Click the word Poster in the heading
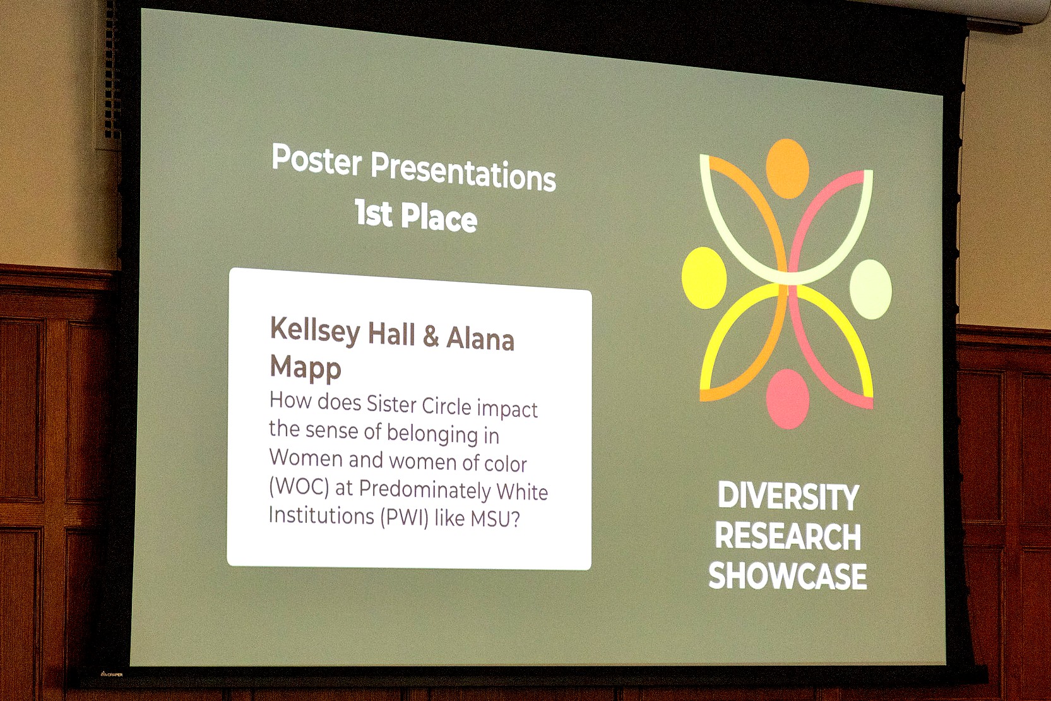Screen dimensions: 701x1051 click(316, 160)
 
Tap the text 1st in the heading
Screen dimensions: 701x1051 click(374, 213)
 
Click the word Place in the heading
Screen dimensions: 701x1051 click(439, 218)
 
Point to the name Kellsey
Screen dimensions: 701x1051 click(315, 330)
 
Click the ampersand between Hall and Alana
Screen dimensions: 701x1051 click(431, 337)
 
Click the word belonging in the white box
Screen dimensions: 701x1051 click(432, 433)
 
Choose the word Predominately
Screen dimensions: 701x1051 click(425, 489)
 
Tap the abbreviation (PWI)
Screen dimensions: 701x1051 click(404, 517)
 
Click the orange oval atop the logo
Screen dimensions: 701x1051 click(787, 169)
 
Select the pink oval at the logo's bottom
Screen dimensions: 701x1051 click(788, 398)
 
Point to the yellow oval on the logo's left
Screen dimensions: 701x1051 click(704, 278)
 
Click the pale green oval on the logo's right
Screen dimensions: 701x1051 click(870, 289)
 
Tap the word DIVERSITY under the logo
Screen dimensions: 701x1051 click(788, 496)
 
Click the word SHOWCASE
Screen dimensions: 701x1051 click(787, 576)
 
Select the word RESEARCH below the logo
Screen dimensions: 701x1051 click(788, 536)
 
